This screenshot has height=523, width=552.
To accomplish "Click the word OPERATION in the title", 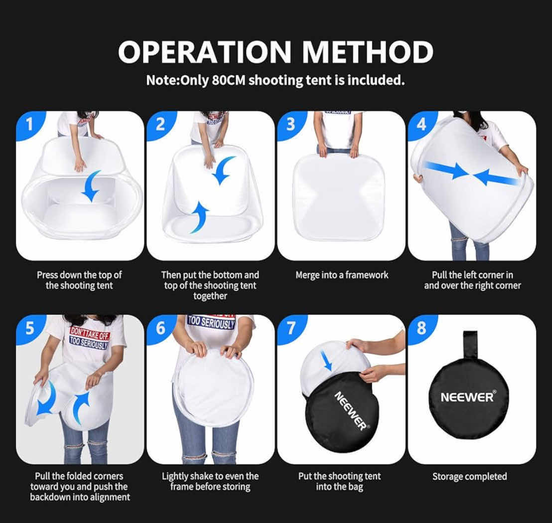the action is coord(205,52).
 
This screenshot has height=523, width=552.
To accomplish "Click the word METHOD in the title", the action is coord(368,52).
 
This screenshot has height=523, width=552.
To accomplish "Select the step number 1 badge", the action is coord(29,124).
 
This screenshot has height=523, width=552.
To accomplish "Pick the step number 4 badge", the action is coord(421,124).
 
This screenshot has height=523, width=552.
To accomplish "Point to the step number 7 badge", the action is coord(291,328).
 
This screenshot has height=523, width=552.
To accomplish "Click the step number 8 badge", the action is coord(421,328).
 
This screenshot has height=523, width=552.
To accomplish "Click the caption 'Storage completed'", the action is coord(470,477).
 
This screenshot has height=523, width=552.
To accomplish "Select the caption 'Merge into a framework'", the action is coord(342,275).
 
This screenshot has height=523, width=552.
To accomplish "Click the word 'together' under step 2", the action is coord(210,296).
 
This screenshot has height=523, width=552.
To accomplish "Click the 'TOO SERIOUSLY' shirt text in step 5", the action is coord(89,343).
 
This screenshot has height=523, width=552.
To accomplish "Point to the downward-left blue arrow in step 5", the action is coord(45,398).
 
